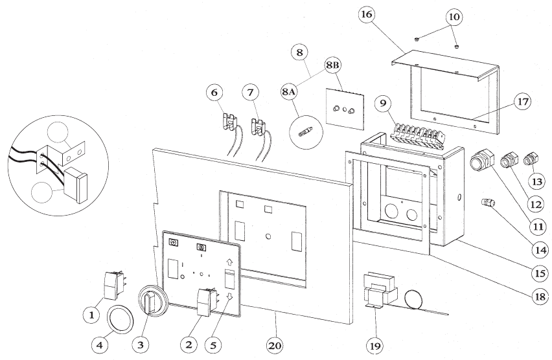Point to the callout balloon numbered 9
384,102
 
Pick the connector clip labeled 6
228,121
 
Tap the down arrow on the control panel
229,297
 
